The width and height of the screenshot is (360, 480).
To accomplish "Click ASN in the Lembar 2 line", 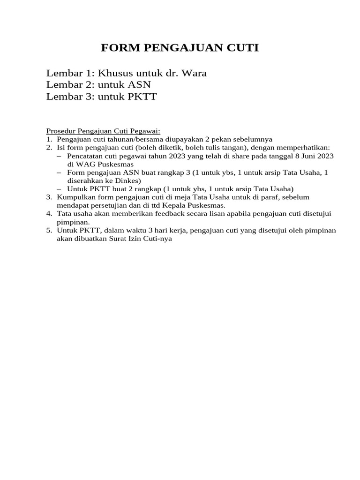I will coord(138,85).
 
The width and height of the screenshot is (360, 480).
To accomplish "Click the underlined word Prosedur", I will coord(61,131).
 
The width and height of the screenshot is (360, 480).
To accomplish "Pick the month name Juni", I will coord(305,156).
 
